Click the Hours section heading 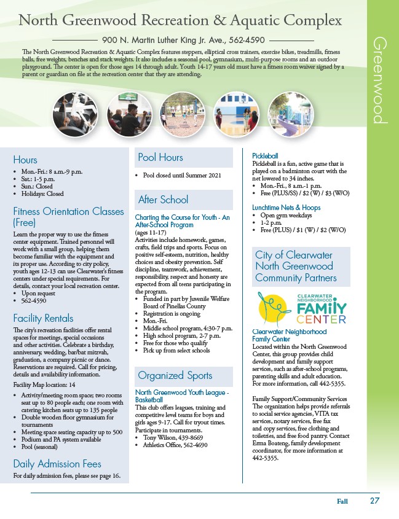25,160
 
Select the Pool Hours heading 160,158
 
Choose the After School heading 163,200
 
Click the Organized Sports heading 175,375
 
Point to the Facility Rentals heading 43,318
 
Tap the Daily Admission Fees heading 57,464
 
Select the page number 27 374,501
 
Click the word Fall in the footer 342,501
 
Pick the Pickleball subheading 267,155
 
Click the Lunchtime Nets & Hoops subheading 286,208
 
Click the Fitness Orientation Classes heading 68,217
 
